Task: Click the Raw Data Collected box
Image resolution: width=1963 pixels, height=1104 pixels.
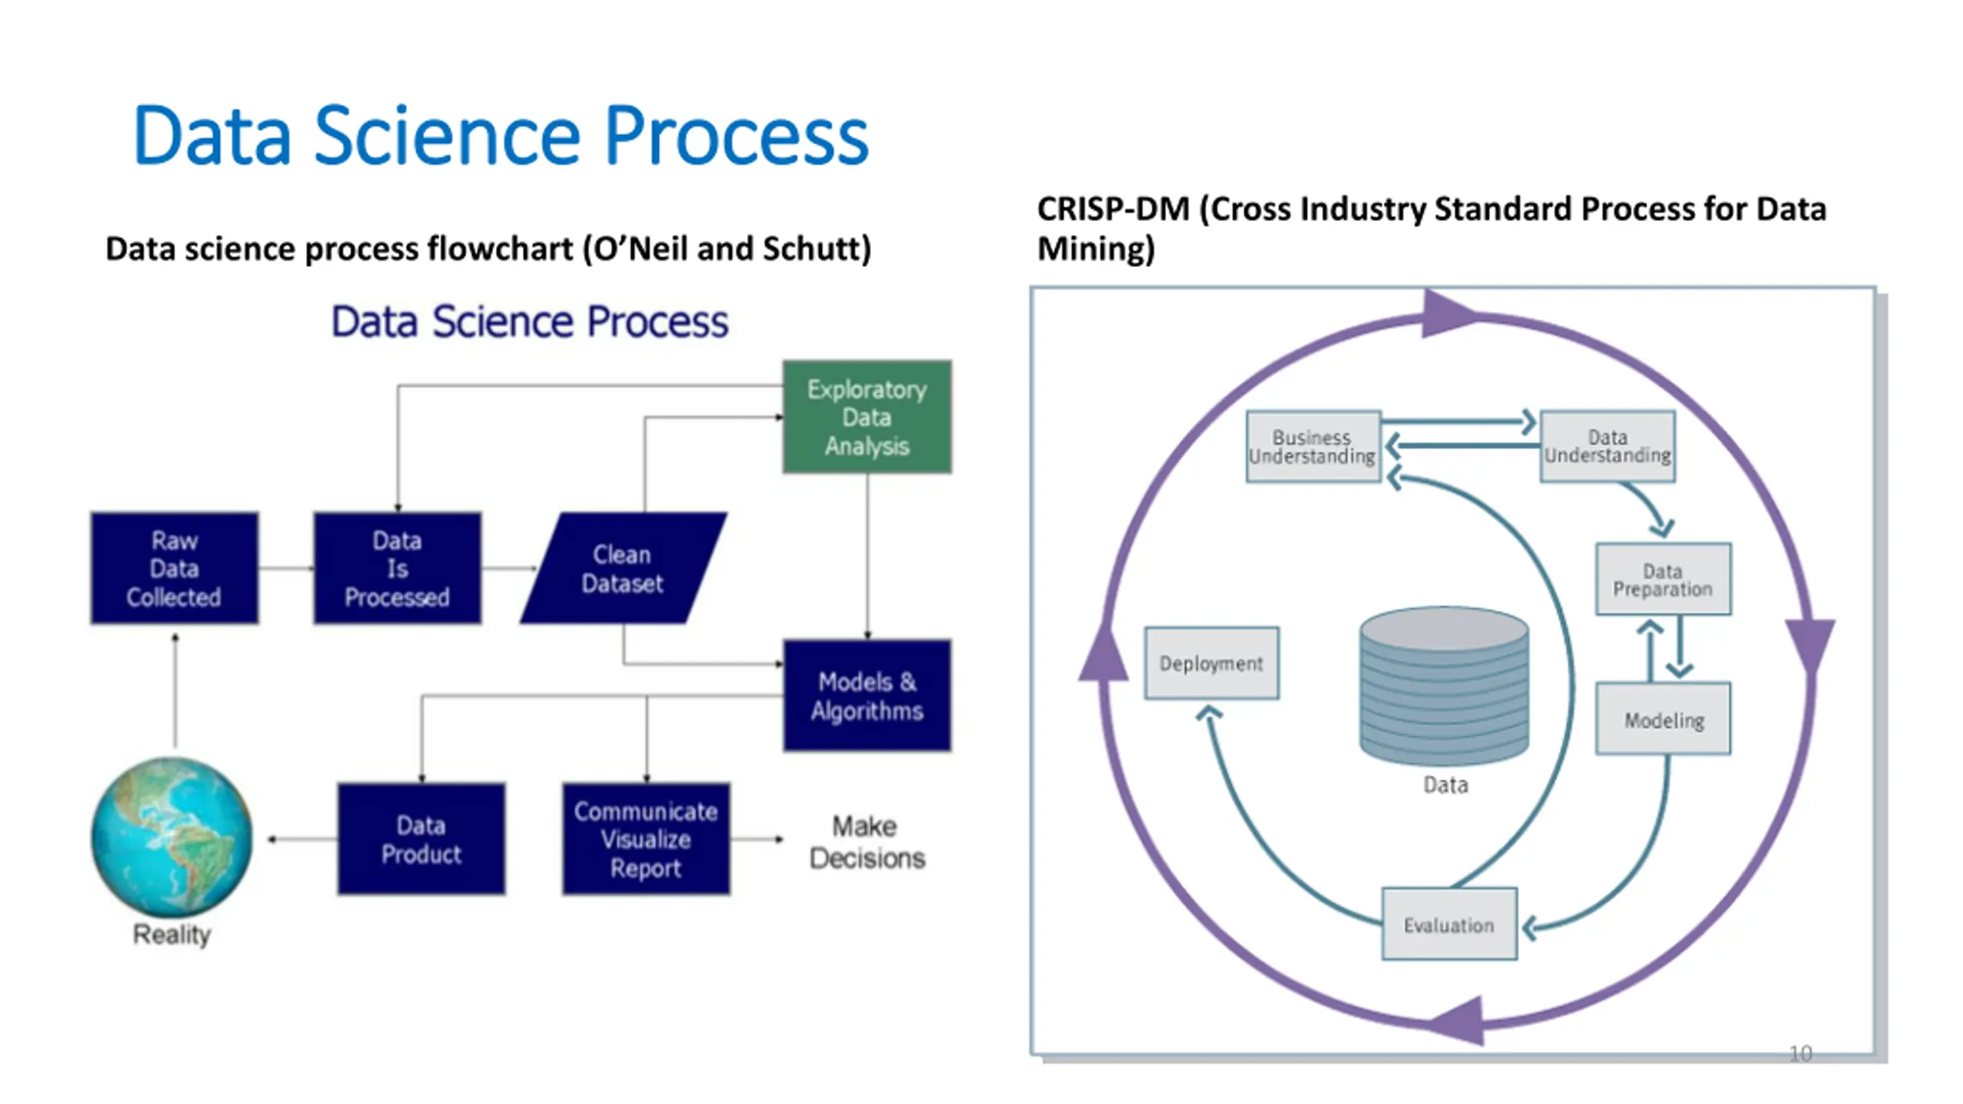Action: pyautogui.click(x=174, y=568)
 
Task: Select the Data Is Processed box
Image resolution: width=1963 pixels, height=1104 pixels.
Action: pyautogui.click(x=397, y=568)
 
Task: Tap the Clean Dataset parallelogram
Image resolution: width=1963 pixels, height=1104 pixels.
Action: pyautogui.click(x=623, y=568)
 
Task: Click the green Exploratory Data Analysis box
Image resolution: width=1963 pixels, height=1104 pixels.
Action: pyautogui.click(x=867, y=417)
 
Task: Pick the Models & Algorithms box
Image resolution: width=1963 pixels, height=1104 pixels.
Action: pyautogui.click(x=867, y=695)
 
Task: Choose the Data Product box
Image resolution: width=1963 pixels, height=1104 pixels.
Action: pyautogui.click(x=421, y=839)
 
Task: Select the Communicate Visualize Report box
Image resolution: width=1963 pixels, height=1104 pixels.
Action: pyautogui.click(x=646, y=839)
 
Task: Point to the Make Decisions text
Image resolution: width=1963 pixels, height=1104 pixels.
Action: pyautogui.click(x=867, y=842)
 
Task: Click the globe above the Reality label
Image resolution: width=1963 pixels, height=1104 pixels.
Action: pyautogui.click(x=172, y=836)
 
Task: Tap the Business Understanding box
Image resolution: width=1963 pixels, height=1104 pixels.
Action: pyautogui.click(x=1313, y=446)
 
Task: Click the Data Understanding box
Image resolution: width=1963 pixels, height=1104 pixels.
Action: pyautogui.click(x=1607, y=446)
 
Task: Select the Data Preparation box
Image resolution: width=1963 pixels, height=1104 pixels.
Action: pyautogui.click(x=1663, y=580)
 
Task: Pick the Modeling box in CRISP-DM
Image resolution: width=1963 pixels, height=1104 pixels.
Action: pyautogui.click(x=1663, y=719)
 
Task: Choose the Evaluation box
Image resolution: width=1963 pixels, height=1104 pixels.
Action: pyautogui.click(x=1449, y=924)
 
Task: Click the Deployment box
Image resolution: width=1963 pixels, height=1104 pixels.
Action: pyautogui.click(x=1212, y=663)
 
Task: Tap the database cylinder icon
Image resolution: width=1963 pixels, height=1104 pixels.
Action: pyautogui.click(x=1445, y=685)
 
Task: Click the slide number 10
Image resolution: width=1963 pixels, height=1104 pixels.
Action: pyautogui.click(x=1800, y=1053)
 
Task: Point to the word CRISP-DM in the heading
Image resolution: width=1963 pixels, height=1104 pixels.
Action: pyautogui.click(x=1113, y=209)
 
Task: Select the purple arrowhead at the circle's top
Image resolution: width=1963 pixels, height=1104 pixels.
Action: pyautogui.click(x=1449, y=314)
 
